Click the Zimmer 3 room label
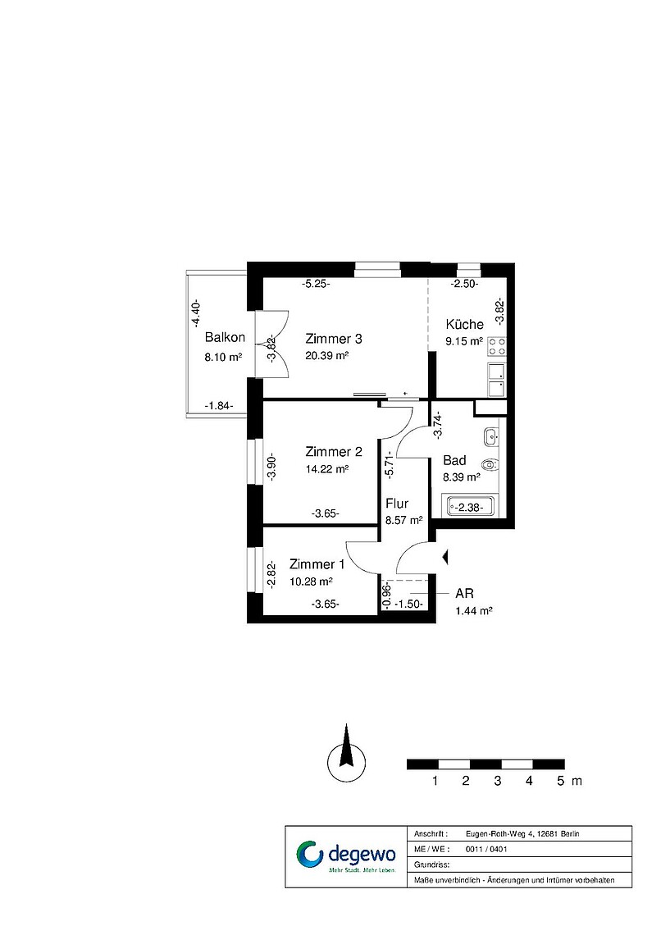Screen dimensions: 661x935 tap(333, 339)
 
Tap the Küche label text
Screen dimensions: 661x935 tap(464, 325)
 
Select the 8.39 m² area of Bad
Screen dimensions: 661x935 tap(462, 477)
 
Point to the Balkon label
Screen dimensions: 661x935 tap(225, 338)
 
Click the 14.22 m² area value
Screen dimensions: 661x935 tap(326, 468)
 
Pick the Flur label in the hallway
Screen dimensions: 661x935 tap(397, 504)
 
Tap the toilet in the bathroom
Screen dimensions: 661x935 tap(490, 464)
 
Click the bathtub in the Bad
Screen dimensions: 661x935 tap(469, 507)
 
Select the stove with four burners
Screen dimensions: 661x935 tap(497, 346)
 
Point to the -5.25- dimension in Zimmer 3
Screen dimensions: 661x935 tap(316, 285)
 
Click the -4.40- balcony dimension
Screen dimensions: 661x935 tap(196, 314)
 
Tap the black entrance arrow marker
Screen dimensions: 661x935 tap(444, 558)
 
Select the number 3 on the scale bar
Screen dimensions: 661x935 tap(498, 781)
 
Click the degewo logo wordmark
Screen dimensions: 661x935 tap(361, 854)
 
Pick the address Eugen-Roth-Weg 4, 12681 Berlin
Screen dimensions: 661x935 tap(522, 833)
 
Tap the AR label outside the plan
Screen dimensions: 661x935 tap(464, 593)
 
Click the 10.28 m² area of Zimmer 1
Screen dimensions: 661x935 tap(311, 582)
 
